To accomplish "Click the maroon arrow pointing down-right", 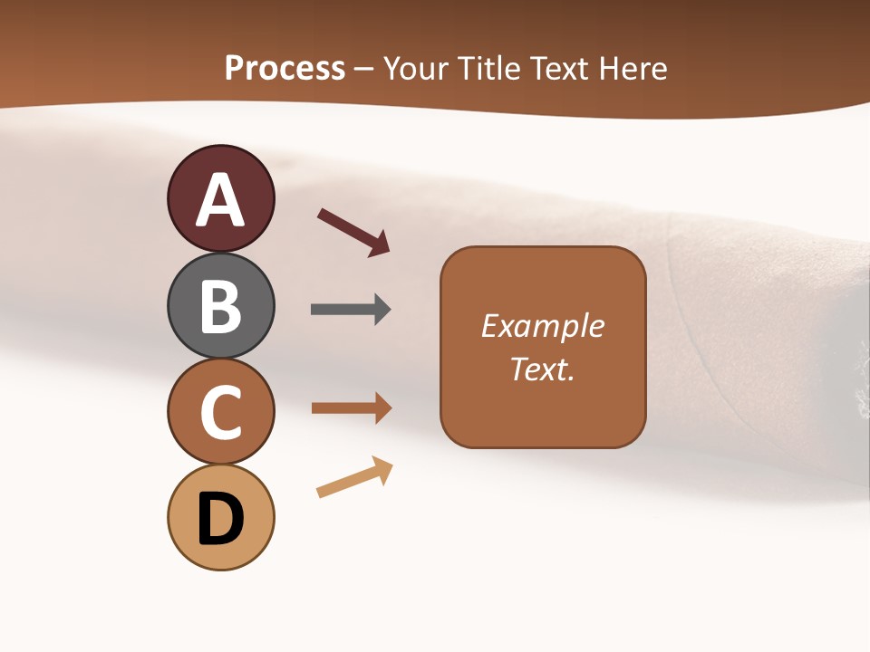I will click(x=353, y=232).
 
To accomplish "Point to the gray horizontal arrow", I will click(x=351, y=310).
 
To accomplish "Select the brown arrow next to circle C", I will click(x=352, y=408).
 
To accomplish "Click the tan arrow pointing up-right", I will click(x=354, y=477).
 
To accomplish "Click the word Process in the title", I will click(x=285, y=69).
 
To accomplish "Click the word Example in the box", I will click(x=542, y=326).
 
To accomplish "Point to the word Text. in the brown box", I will click(x=542, y=369).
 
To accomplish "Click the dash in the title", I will click(x=364, y=70).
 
